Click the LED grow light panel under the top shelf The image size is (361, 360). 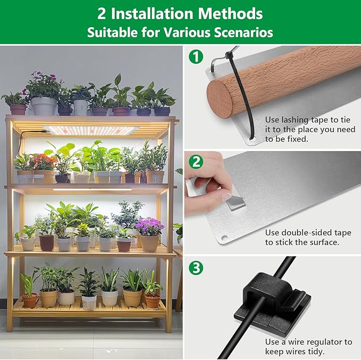click(x=90, y=130)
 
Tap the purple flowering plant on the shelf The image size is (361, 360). click(x=149, y=228)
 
